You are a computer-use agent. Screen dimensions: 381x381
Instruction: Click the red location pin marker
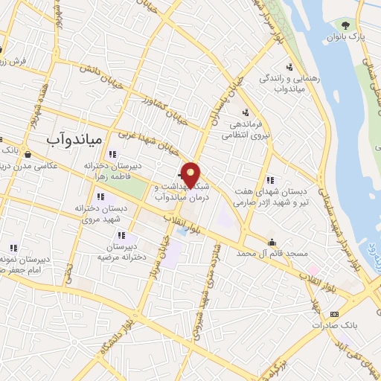click(x=192, y=175)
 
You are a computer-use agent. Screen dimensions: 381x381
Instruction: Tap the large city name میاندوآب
click(x=78, y=139)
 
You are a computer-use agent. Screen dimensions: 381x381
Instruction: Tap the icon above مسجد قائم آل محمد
click(x=272, y=241)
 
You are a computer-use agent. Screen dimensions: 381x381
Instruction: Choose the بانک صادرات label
click(x=330, y=325)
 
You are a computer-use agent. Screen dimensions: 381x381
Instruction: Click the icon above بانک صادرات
click(x=334, y=313)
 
